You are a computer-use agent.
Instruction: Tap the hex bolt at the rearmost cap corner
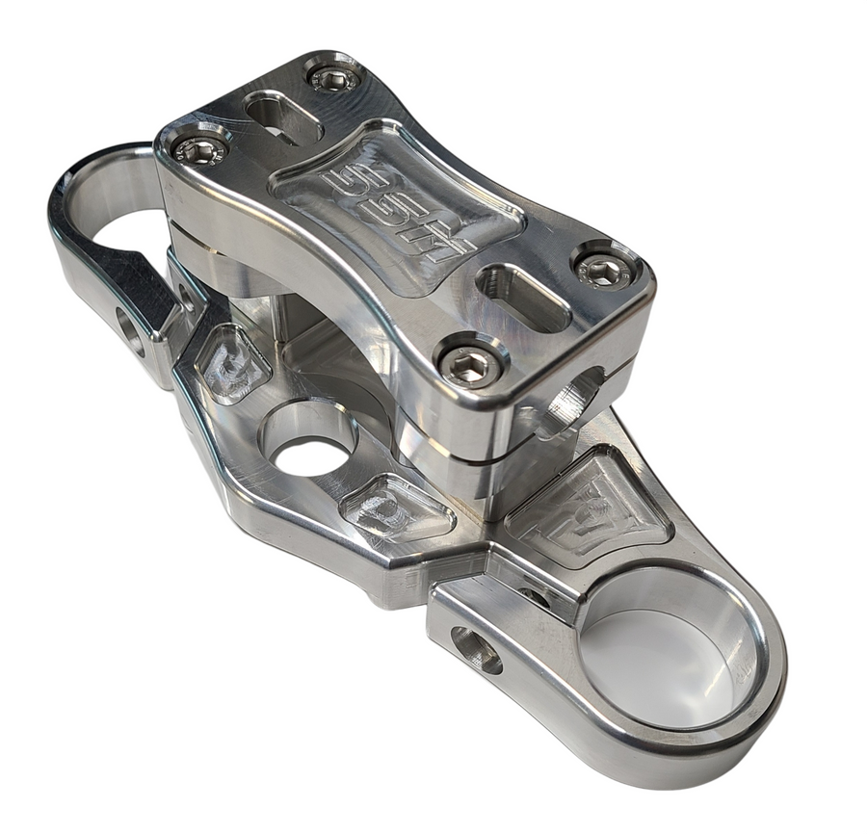tap(334, 77)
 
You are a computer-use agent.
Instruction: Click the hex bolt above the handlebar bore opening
tap(604, 273)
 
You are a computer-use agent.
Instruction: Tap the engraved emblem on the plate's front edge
tap(395, 508)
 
